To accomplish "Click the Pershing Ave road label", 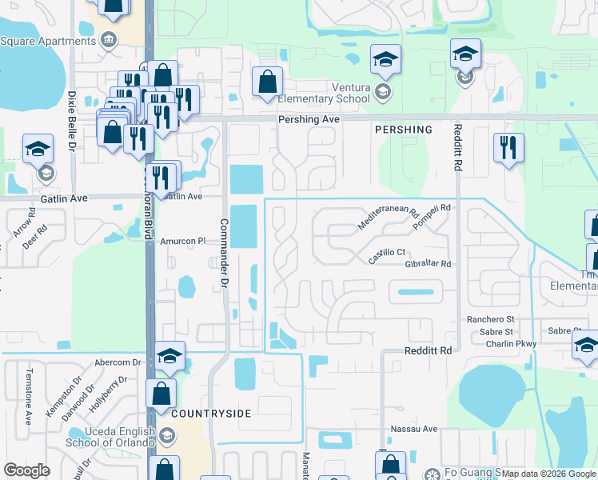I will [x=309, y=119].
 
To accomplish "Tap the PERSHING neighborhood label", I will [x=403, y=130].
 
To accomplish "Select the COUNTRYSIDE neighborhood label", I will [x=210, y=414].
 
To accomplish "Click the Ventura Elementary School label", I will [x=323, y=93].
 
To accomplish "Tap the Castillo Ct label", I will [x=388, y=257].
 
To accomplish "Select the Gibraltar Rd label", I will [x=428, y=264].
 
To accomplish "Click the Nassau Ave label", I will [x=414, y=429].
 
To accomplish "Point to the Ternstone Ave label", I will [x=28, y=397].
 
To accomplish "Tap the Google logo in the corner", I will [x=26, y=470].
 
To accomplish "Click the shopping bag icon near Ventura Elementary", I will [x=267, y=82].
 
